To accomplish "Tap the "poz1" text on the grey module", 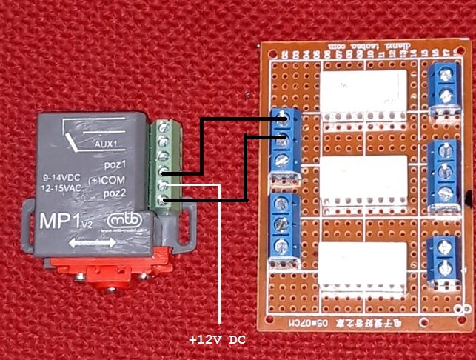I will (115, 165).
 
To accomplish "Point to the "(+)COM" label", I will (107, 179).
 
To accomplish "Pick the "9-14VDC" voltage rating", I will (61, 179).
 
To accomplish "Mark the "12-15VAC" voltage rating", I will (61, 190).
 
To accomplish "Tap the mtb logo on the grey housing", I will (123, 221).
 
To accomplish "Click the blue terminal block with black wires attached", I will (286, 141).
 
